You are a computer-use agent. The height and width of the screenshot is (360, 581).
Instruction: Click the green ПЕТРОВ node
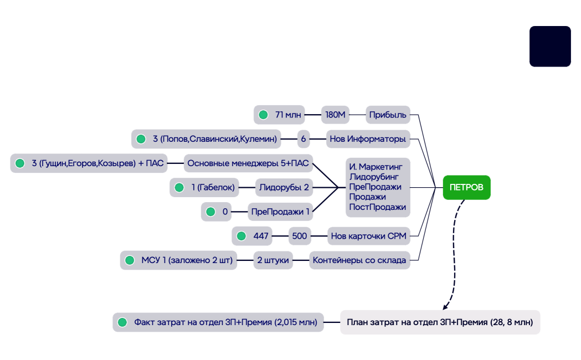466,188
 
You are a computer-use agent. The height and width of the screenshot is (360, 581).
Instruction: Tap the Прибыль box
388,115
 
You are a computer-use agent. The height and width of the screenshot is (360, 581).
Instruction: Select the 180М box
335,115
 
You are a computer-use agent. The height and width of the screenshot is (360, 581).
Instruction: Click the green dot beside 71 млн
263,115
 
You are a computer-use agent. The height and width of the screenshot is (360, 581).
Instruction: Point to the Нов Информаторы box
368,138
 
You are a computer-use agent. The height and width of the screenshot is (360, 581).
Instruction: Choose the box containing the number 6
304,138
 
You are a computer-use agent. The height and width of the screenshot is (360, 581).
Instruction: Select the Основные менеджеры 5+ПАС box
248,163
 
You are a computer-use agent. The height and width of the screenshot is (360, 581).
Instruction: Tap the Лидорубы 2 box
284,188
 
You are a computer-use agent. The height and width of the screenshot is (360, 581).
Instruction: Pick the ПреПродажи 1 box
280,212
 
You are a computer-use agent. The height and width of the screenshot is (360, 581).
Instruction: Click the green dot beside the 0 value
210,212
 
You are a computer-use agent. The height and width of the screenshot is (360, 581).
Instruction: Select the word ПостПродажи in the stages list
377,207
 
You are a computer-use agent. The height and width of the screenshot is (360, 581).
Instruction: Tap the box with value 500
299,236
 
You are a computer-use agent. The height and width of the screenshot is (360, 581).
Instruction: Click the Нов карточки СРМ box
368,236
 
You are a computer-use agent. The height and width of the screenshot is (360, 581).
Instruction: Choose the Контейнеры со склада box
359,260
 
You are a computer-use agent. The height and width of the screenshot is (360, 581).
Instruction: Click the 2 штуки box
273,260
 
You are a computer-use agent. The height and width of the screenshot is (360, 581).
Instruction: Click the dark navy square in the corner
550,47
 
